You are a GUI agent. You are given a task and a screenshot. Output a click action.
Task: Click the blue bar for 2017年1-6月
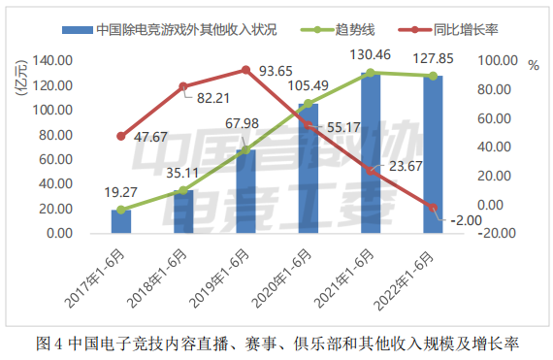tap(121, 221)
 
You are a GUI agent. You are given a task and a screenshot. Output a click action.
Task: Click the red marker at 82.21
tap(183, 86)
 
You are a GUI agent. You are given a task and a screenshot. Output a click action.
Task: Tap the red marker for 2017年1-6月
tap(121, 136)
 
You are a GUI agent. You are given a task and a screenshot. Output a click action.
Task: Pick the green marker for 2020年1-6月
tap(308, 104)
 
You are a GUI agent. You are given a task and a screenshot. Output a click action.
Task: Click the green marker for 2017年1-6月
tap(121, 210)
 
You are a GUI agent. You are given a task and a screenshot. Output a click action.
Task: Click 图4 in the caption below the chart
tap(49, 344)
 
